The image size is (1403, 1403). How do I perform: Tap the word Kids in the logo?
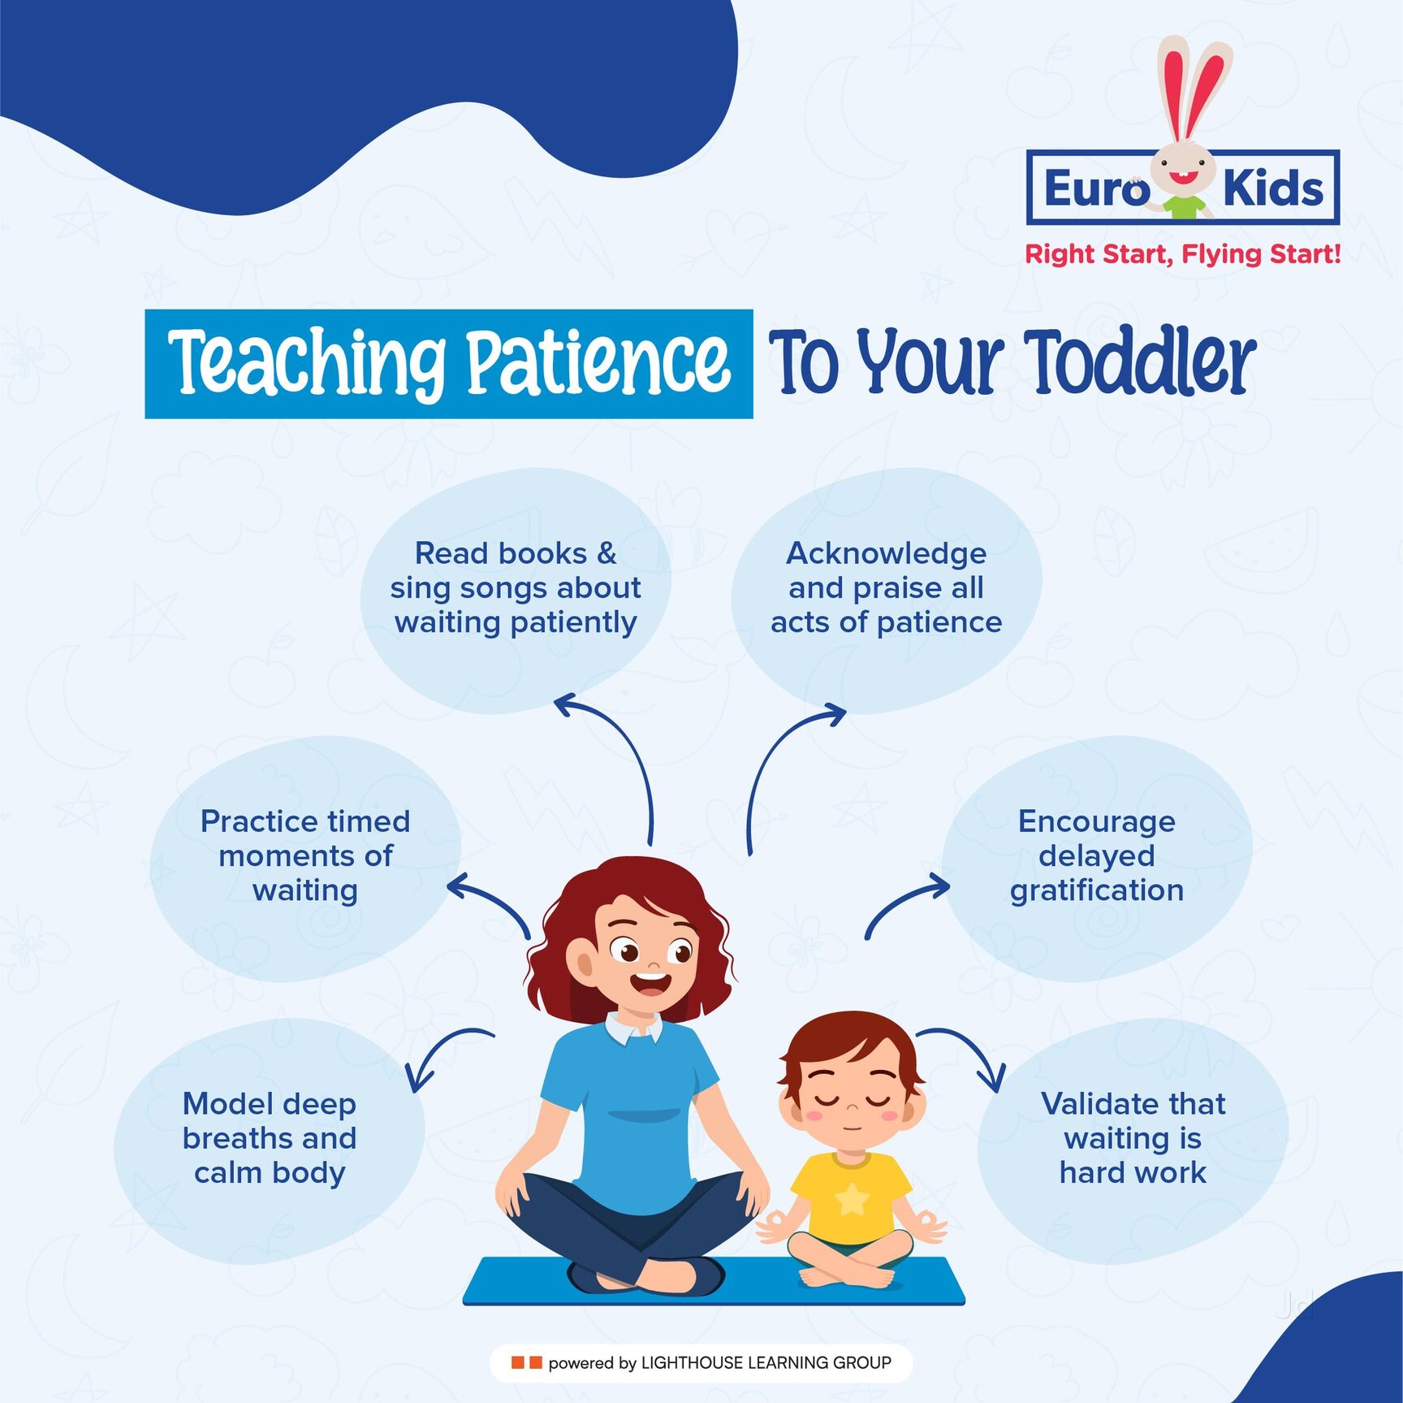1272,188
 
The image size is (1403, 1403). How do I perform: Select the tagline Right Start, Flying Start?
1182,254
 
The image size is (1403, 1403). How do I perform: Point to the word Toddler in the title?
1140,363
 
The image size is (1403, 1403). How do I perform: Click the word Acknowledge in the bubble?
886,554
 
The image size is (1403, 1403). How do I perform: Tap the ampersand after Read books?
607,554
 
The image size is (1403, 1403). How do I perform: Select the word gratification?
1096,891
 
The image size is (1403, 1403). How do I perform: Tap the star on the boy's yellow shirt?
852,1199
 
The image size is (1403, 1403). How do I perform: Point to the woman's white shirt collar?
634,1030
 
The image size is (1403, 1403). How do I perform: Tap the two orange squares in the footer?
526,1362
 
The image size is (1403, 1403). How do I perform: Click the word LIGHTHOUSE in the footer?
691,1363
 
